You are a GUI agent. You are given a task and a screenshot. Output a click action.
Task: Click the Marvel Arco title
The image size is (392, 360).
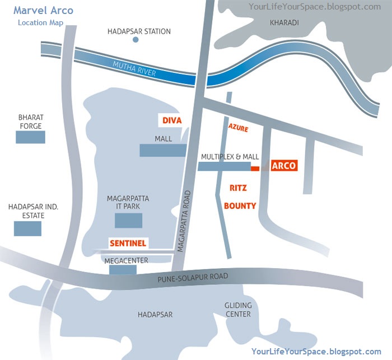[x=43, y=11]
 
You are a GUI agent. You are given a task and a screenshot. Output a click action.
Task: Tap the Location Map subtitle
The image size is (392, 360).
[x=40, y=23]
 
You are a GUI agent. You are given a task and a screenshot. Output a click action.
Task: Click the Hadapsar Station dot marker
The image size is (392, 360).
[x=135, y=40]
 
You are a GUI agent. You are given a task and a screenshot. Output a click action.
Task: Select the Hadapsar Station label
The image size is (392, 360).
[x=139, y=31]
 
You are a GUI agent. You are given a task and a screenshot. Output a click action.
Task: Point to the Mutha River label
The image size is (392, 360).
[x=134, y=68]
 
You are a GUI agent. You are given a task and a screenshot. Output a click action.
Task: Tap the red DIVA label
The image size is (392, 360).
[x=172, y=120]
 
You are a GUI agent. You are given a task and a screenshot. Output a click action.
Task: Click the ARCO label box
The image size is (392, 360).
[x=283, y=166]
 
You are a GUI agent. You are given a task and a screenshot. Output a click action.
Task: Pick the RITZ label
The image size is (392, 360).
[x=238, y=188]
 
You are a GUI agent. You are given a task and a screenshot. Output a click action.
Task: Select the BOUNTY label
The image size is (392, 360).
[x=240, y=205]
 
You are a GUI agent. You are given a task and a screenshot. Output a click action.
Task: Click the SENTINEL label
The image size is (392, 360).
[x=128, y=244]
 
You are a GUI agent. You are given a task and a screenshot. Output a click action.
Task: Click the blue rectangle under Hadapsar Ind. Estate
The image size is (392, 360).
[x=27, y=228]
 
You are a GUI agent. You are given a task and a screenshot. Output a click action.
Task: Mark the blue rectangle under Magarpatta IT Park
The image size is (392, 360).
[x=128, y=221]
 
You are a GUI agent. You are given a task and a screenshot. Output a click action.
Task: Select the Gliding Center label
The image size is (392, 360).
[x=238, y=310]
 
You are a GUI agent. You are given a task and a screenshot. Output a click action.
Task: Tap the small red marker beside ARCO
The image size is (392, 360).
[x=255, y=168]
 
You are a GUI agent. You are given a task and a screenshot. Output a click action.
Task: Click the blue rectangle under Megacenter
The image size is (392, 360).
[x=123, y=270]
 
